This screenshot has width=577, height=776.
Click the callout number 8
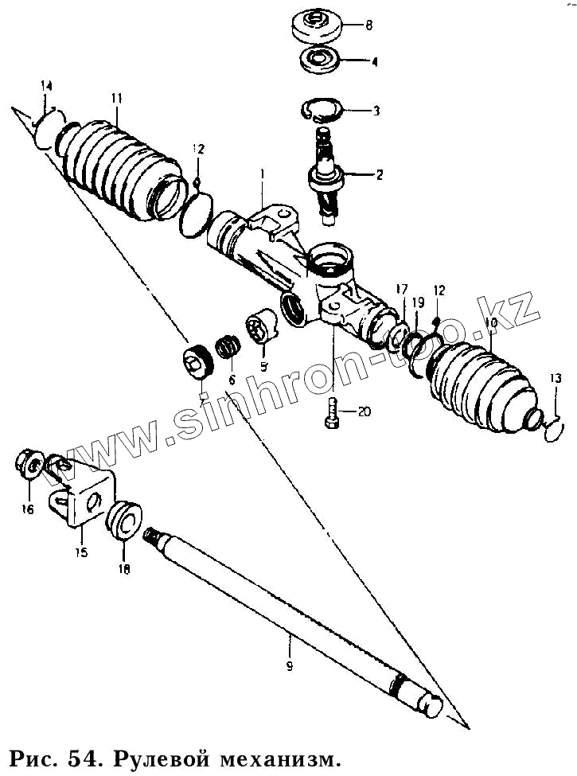(x=368, y=25)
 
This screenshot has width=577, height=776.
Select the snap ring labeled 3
(x=324, y=109)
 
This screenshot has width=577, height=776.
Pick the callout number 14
(x=47, y=86)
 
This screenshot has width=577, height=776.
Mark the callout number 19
(x=419, y=302)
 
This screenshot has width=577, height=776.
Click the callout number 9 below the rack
(x=289, y=665)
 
